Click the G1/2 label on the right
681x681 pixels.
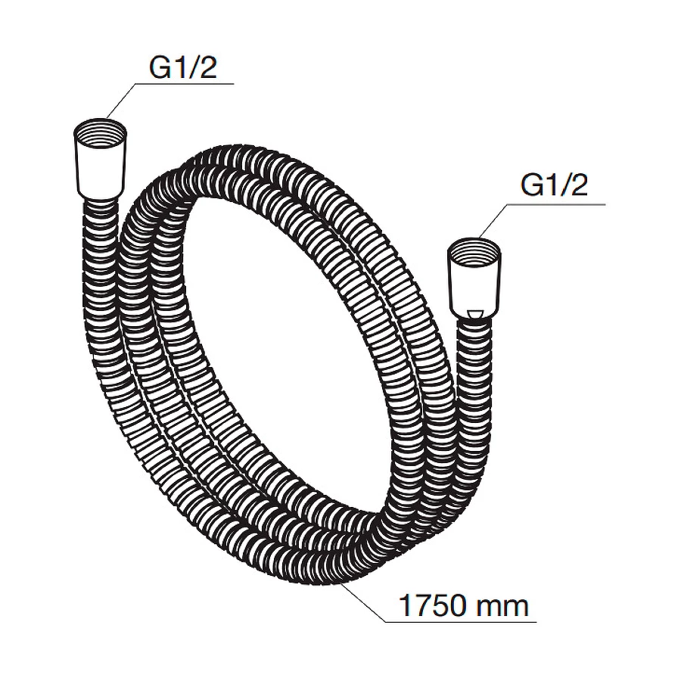coord(554,185)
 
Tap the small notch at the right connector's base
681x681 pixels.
coord(474,313)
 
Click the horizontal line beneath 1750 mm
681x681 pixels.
coord(462,623)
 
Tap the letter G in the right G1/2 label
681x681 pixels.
coord(531,185)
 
